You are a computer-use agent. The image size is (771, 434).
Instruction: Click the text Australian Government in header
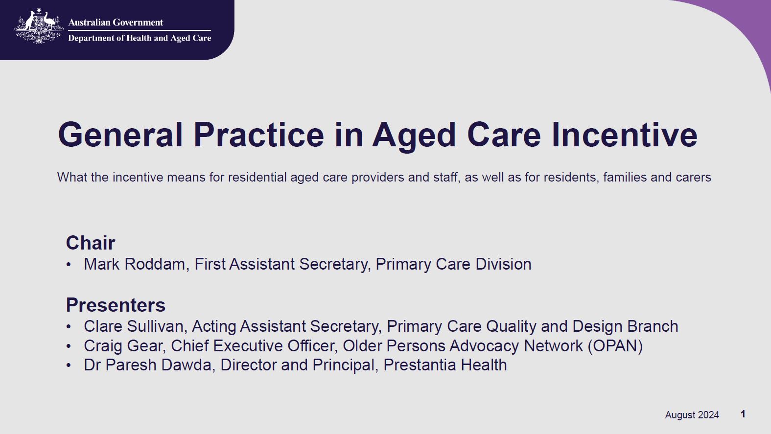click(116, 23)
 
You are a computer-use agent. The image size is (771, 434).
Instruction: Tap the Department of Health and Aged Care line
click(140, 38)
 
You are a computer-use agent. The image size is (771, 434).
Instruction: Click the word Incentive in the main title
click(624, 135)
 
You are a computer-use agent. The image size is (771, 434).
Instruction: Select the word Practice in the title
click(258, 135)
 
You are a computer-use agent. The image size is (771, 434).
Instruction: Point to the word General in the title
click(120, 135)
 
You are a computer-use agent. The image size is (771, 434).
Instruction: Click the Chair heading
click(91, 243)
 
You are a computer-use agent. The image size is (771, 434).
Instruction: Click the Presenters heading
click(116, 305)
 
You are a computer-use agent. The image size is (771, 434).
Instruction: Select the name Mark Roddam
click(134, 264)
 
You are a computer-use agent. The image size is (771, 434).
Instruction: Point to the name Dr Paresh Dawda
click(147, 365)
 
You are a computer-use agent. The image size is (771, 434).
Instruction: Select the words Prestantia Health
click(445, 365)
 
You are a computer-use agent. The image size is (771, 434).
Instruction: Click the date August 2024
click(692, 415)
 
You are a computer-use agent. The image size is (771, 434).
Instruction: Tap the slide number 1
click(743, 414)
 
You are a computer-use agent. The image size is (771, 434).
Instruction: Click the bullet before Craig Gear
click(69, 346)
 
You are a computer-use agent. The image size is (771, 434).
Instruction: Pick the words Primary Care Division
click(453, 264)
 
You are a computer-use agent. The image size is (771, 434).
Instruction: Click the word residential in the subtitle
click(257, 177)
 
